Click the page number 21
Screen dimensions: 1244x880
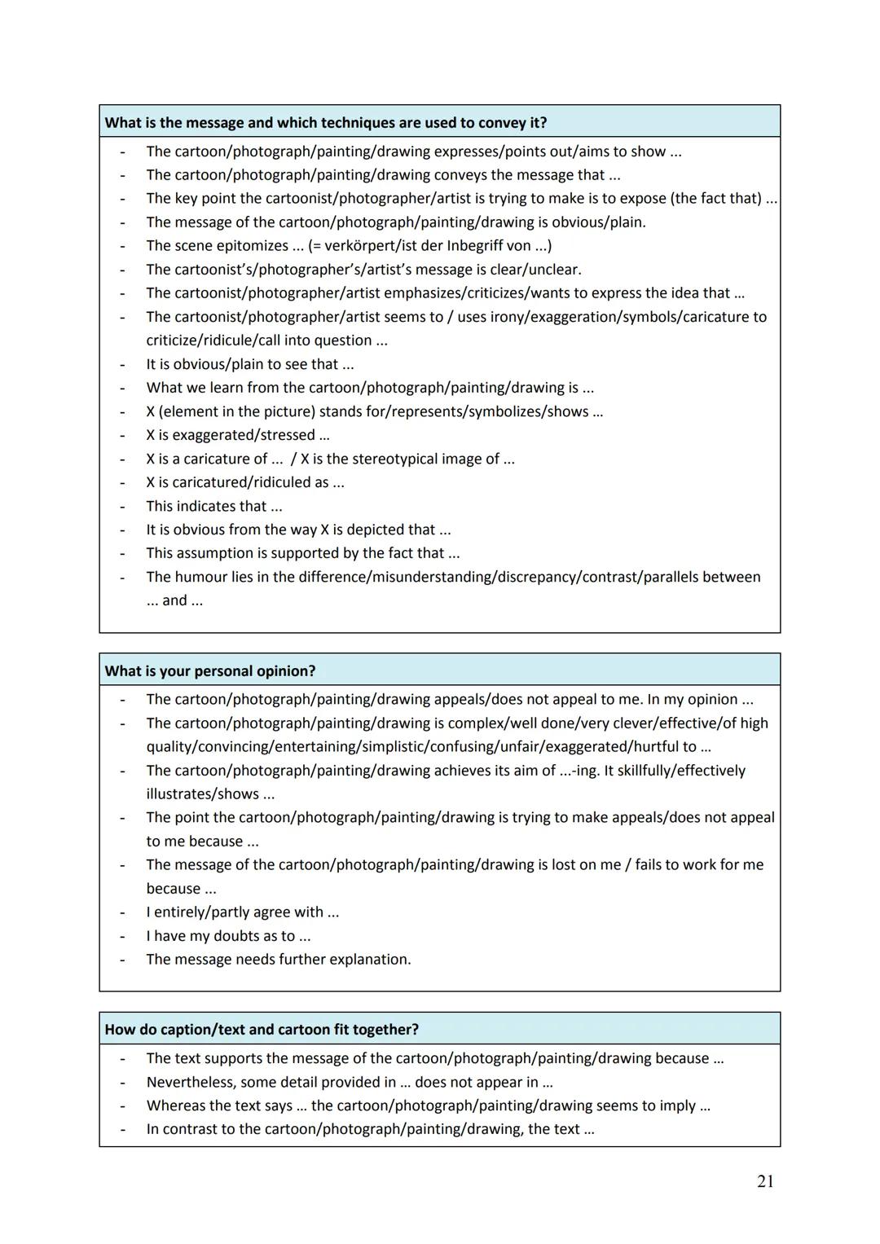pos(764,1181)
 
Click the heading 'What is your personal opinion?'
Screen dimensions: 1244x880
pos(210,670)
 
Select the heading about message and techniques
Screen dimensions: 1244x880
pos(326,122)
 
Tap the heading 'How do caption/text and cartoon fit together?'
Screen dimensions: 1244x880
pos(262,1029)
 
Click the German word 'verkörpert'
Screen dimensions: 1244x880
pos(361,245)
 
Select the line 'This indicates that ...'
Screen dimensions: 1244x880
pos(214,506)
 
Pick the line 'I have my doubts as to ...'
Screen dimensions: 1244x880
pos(228,936)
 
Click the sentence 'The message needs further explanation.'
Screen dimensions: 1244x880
pos(279,959)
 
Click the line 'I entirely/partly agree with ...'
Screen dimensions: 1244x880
pos(243,912)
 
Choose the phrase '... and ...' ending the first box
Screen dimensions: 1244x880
pos(174,600)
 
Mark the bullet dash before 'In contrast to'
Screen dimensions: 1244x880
pos(122,1129)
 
